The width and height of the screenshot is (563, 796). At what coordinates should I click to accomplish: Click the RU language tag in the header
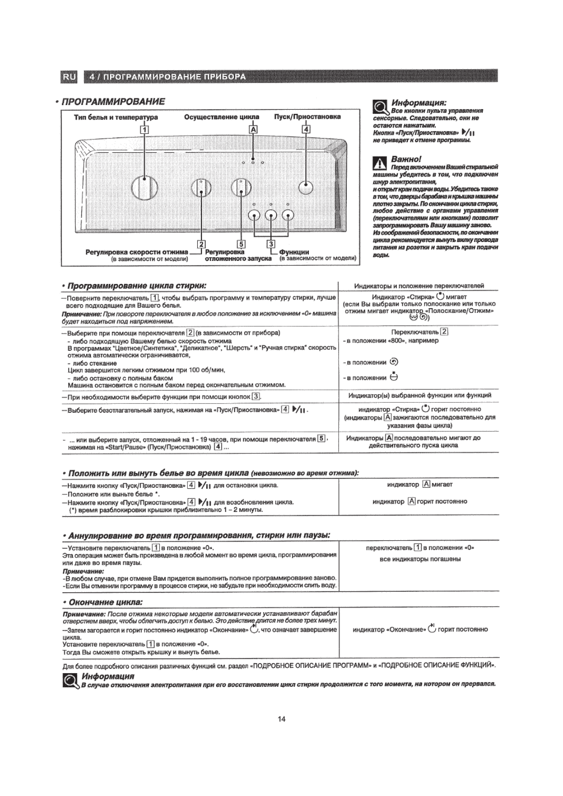[69, 77]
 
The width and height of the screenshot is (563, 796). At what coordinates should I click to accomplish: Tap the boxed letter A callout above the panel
[254, 129]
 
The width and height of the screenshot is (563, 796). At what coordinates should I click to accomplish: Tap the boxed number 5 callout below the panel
[241, 244]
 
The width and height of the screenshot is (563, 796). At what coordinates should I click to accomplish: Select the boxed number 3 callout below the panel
[271, 244]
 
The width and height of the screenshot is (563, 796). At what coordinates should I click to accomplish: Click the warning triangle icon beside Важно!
[379, 164]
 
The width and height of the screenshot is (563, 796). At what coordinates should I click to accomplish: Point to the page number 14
[281, 719]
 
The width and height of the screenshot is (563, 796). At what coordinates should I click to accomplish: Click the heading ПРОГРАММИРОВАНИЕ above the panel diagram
[114, 102]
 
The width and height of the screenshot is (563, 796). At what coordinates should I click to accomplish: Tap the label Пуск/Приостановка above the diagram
[307, 117]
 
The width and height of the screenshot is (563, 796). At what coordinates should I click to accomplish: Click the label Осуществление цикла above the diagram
[221, 117]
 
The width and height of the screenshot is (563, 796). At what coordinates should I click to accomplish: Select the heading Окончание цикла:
[106, 602]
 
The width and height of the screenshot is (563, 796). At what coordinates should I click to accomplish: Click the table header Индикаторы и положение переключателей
[419, 286]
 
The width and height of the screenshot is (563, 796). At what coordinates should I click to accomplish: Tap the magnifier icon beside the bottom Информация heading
[70, 681]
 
